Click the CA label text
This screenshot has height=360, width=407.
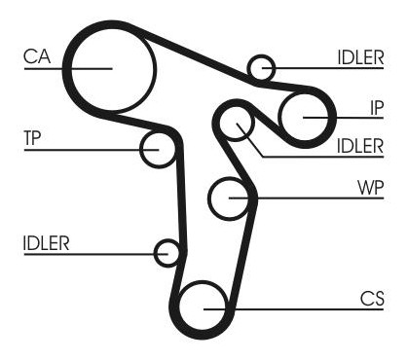37,56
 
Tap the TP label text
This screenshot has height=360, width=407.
32,138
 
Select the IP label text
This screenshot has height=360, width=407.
377,108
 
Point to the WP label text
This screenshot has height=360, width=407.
370,188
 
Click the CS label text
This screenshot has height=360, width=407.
372,299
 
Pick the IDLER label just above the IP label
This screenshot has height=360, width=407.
360,57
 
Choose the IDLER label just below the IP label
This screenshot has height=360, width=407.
360,146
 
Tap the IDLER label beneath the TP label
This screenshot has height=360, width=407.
47,243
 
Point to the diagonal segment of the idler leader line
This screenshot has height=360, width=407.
249,140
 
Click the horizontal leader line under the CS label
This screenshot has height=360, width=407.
293,309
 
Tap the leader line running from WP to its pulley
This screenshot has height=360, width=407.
307,198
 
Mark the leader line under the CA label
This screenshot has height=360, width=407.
68,68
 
